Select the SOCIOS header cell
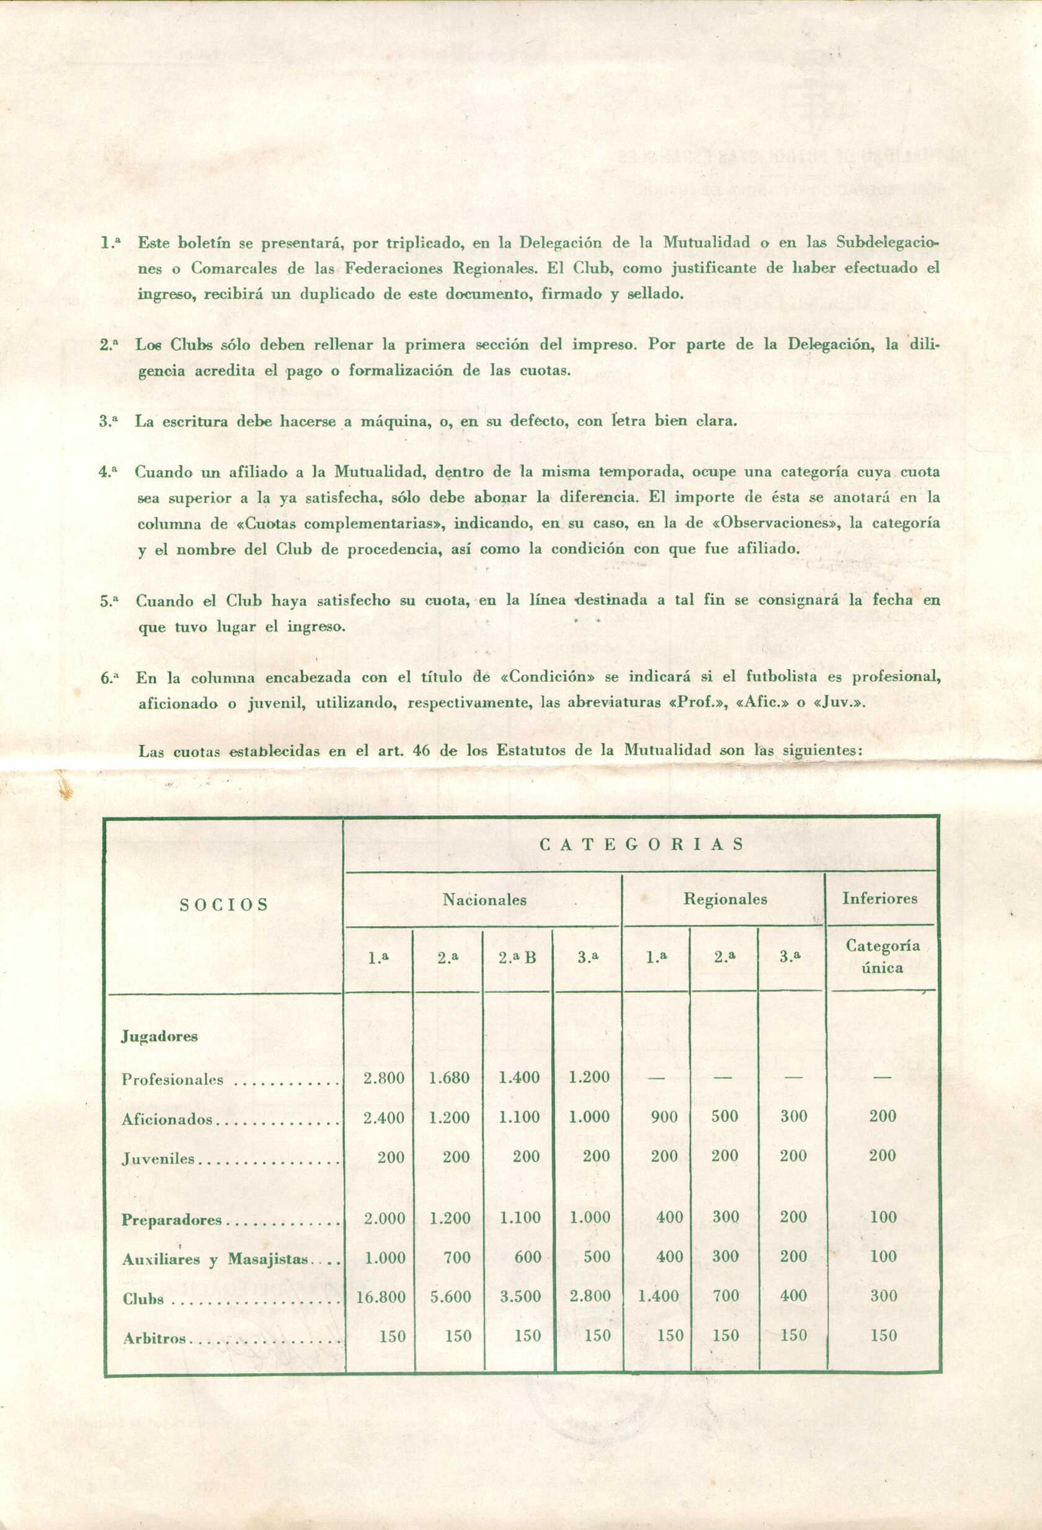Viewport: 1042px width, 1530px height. click(x=224, y=904)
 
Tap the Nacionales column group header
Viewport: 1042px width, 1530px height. click(x=484, y=900)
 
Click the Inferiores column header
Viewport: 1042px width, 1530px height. click(x=879, y=898)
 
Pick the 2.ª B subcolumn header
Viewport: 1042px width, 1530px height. click(x=517, y=958)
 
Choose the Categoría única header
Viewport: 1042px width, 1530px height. click(x=882, y=957)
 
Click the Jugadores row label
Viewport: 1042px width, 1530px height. click(x=159, y=1037)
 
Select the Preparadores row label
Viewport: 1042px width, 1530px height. click(x=172, y=1220)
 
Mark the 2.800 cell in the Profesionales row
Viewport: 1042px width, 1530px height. click(x=383, y=1077)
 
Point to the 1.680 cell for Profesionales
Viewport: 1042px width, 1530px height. click(x=449, y=1077)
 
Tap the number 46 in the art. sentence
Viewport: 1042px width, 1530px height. click(x=421, y=750)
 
